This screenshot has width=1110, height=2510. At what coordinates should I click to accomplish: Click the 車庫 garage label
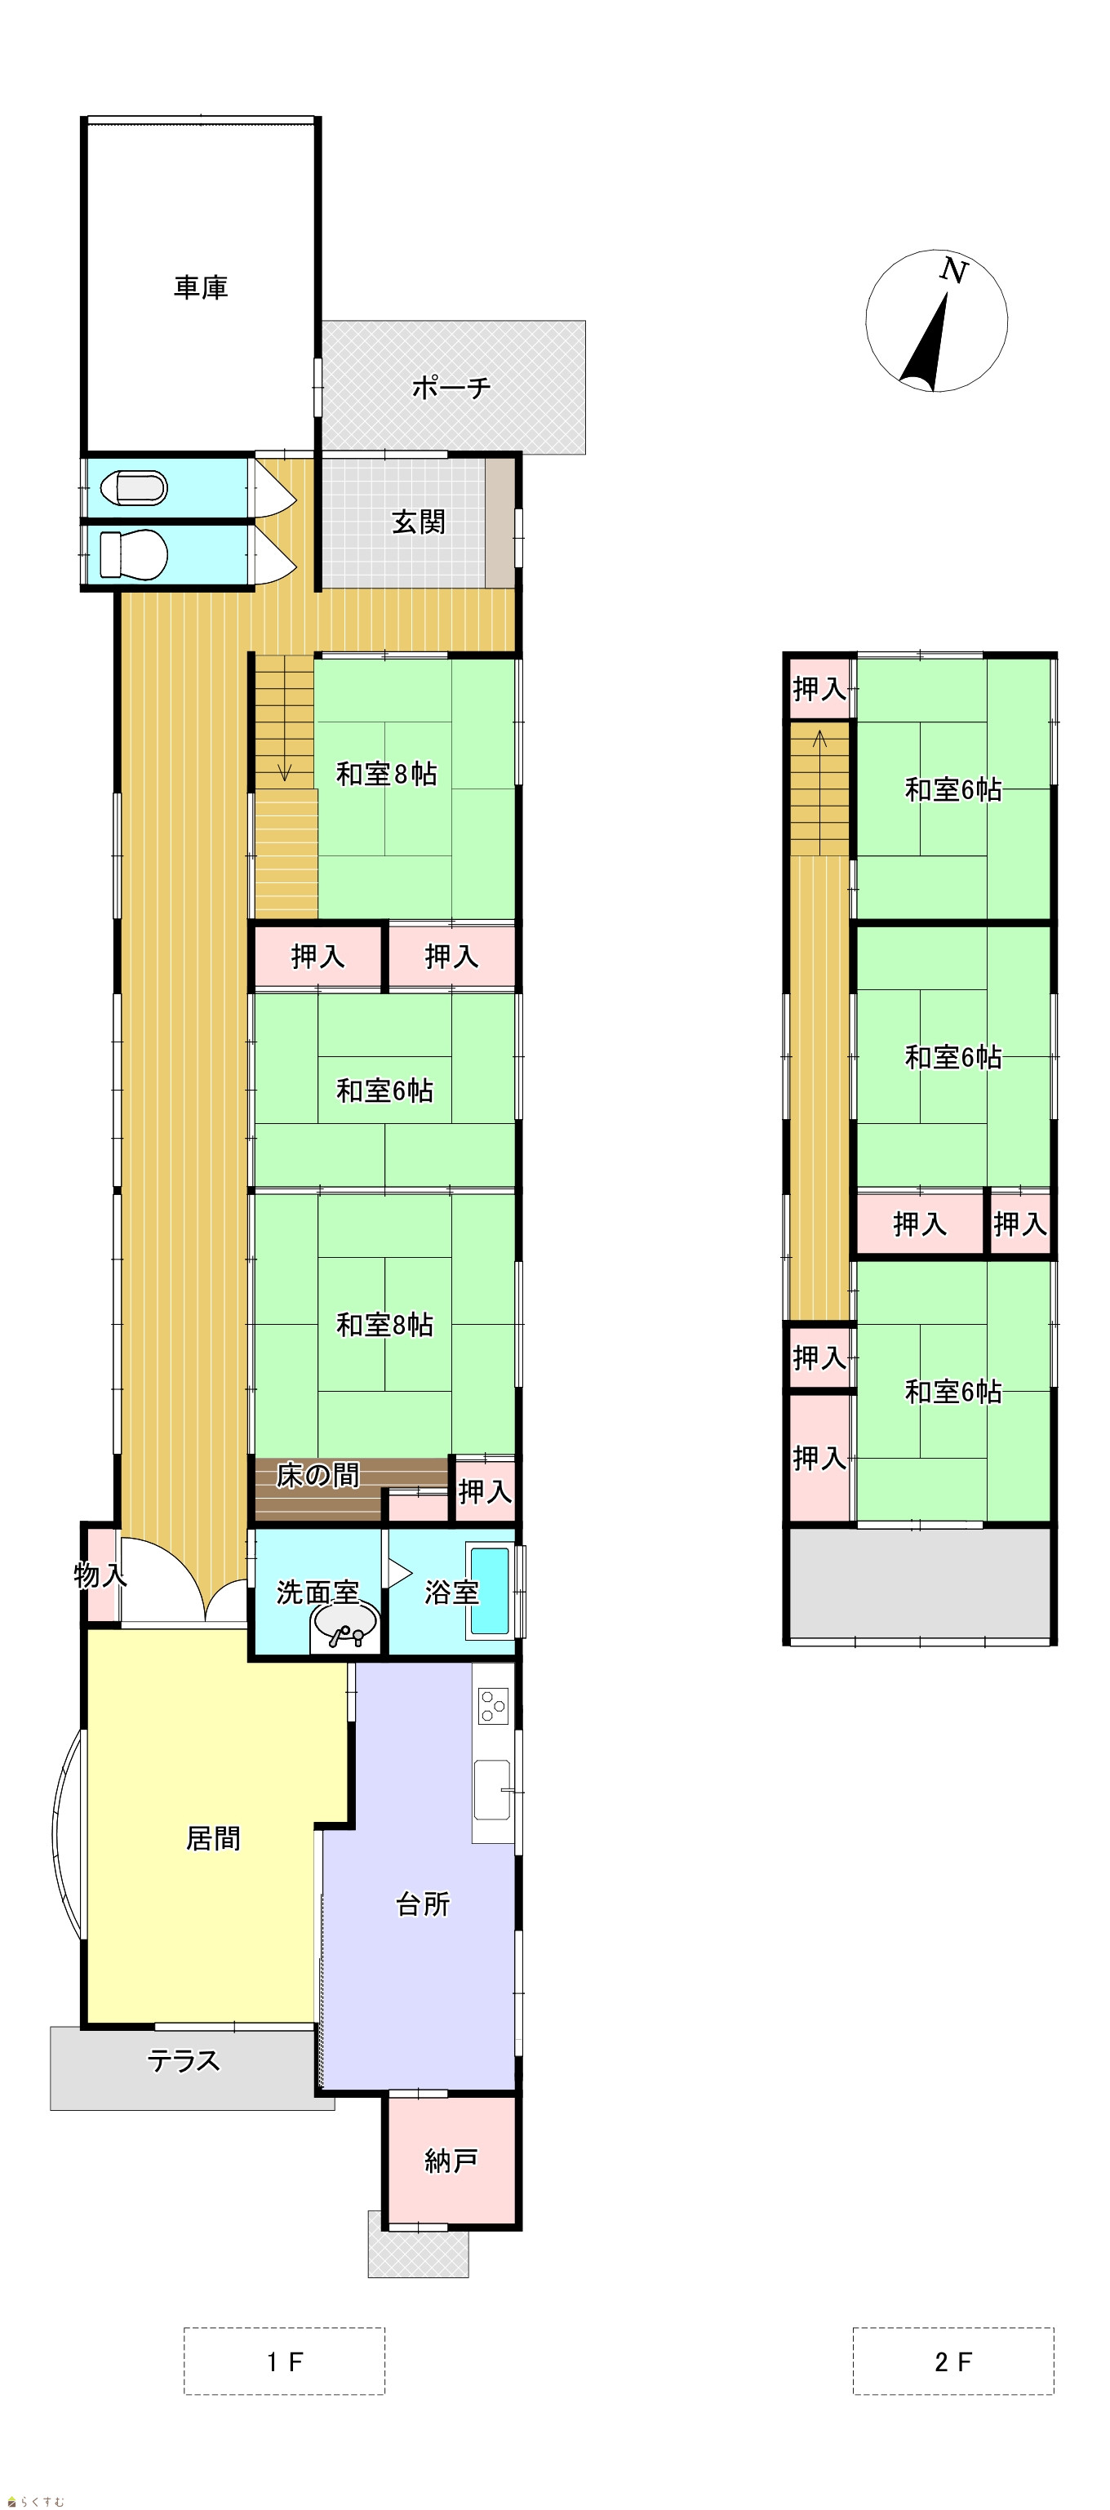[x=201, y=287]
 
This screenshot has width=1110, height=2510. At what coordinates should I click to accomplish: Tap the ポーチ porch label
[x=451, y=388]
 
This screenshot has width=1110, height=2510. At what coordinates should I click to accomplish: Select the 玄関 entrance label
[x=418, y=522]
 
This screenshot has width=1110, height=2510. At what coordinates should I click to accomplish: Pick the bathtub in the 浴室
[x=491, y=1591]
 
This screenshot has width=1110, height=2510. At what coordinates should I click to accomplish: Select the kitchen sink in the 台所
[x=492, y=1790]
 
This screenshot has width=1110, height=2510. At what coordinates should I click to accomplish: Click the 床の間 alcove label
[x=317, y=1475]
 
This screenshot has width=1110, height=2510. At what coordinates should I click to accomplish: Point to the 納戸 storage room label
[x=451, y=2161]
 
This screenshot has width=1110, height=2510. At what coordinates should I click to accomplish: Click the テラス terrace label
[x=184, y=2061]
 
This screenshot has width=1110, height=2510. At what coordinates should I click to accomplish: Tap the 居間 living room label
[x=213, y=1839]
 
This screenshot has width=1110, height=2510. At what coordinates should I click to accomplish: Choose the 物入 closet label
[x=100, y=1575]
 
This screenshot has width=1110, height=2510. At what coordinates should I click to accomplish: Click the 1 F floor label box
[x=285, y=2361]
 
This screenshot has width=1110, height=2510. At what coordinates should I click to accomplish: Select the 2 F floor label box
[x=953, y=2361]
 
